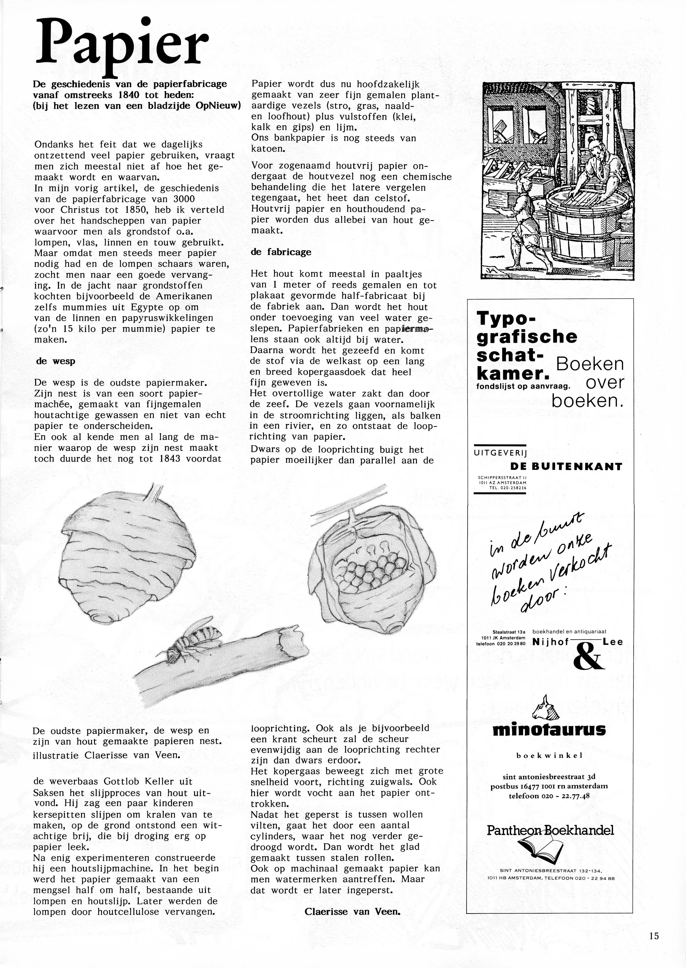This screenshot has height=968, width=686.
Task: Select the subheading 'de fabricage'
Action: click(x=281, y=252)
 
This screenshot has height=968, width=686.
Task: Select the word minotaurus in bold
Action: click(x=549, y=729)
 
